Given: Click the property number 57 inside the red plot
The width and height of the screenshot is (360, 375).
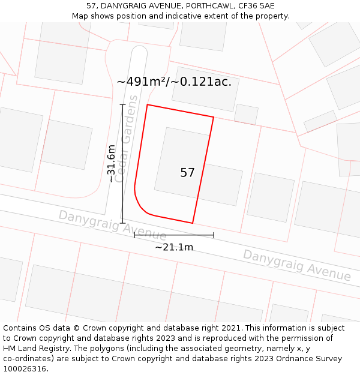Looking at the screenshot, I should pos(187,173).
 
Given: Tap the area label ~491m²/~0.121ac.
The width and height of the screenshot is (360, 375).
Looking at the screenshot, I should pos(174,82).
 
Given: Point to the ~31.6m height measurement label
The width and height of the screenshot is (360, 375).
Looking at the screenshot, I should pos(111,163).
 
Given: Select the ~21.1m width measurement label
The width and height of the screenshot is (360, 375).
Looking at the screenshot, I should pos(174,247).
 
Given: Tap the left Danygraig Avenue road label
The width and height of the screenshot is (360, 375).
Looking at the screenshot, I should pos(112,224).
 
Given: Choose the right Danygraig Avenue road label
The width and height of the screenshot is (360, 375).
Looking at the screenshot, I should pos(296,265).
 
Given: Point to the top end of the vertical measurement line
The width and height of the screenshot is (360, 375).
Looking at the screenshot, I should pos(122,104).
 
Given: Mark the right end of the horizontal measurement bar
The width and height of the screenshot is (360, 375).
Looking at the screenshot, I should pos(214,235).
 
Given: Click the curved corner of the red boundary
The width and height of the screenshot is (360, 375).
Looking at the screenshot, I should pos(142,206).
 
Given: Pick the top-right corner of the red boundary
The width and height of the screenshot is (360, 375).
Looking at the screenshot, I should pos(214,117).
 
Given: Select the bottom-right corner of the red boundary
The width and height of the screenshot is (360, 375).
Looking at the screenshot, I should pos(193,223).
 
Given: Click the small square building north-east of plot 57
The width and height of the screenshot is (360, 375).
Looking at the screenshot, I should pos(246,114).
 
